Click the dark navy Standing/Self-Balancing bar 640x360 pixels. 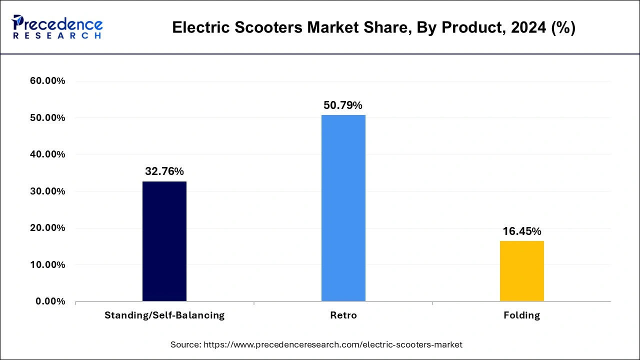164,241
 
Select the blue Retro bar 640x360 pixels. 343,208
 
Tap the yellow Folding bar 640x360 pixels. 521,271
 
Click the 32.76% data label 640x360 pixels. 164,171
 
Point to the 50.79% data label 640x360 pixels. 343,105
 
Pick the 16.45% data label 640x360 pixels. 521,231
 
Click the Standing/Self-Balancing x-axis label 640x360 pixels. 164,315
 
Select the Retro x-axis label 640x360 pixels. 343,315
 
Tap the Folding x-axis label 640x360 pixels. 522,315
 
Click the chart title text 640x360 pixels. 373,28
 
